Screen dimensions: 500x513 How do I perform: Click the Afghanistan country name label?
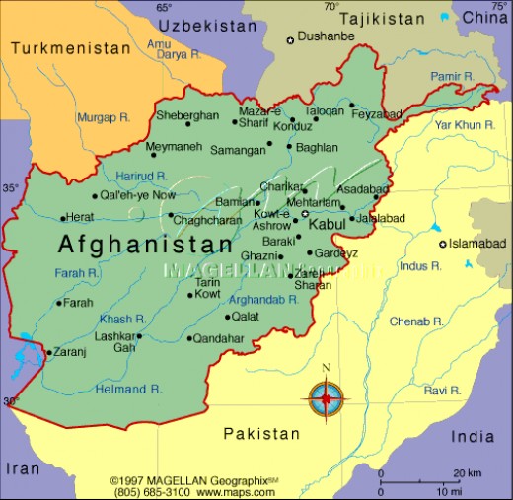(145, 244)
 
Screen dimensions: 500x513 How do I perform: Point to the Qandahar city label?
(218, 338)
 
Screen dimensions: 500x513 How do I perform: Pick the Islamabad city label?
(477, 244)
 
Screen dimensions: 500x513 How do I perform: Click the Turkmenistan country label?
(70, 48)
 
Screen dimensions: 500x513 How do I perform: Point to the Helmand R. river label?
(129, 389)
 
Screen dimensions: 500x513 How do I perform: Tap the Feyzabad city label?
(378, 114)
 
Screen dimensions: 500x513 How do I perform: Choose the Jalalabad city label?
(381, 218)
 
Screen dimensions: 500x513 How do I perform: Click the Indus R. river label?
(420, 266)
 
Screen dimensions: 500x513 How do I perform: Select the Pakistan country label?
(260, 434)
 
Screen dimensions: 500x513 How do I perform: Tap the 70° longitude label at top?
(331, 7)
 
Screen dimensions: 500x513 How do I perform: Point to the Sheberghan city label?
(187, 115)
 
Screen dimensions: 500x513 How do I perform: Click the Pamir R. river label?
(452, 76)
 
